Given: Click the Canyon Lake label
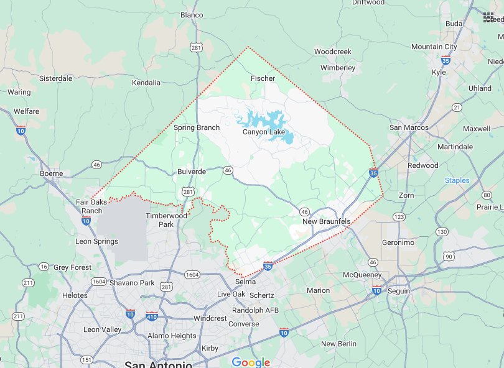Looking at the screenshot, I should pos(263,132).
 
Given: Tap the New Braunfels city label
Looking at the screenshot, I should pos(326,222).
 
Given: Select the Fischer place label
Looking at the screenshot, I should pos(263,78).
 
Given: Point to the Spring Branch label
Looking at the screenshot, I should pos(197,127).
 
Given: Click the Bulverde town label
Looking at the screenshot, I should pos(192,171).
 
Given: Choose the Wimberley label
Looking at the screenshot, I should pos(338,67).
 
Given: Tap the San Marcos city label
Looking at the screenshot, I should pos(409,127).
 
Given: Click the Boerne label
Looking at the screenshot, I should pos(52,173).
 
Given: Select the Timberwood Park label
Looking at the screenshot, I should pos(166,220).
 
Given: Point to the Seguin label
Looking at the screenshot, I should pos(399,291).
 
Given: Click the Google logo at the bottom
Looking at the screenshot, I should pos(251,362).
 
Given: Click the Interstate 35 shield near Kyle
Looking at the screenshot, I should pos(446,60).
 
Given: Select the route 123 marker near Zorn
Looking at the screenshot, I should pos(399,216).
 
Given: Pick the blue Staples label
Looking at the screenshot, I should pos(457,180).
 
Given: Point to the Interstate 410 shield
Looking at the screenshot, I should pos(152,316).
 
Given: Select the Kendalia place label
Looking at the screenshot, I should pos(146,82).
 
